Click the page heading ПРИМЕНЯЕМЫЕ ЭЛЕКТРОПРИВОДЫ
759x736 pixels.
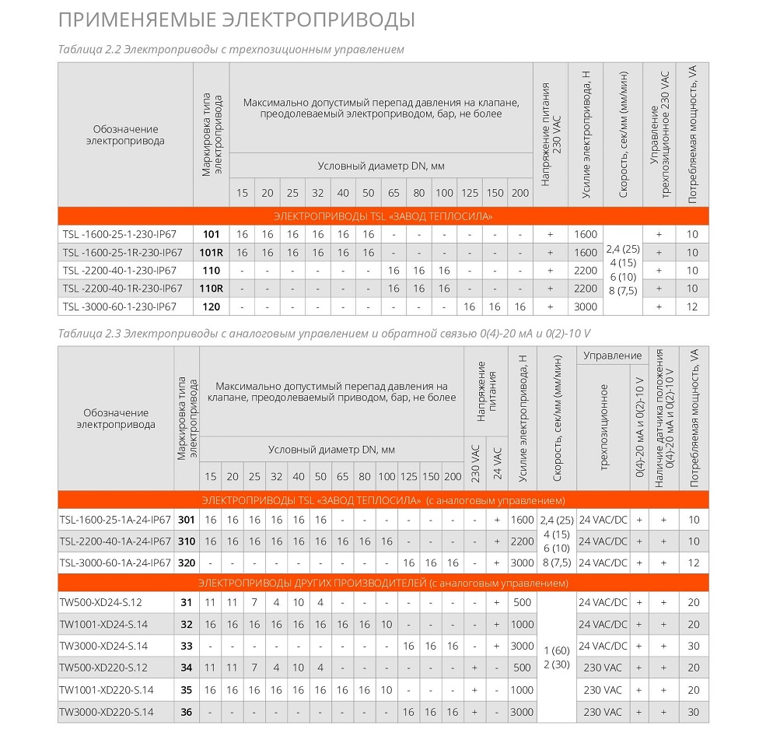(x=236, y=19)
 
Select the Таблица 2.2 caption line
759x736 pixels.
(x=231, y=50)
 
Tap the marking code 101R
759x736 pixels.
(x=211, y=252)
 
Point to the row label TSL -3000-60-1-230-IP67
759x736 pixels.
(x=120, y=307)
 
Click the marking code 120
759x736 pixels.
(x=211, y=307)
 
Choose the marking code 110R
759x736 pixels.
(x=211, y=289)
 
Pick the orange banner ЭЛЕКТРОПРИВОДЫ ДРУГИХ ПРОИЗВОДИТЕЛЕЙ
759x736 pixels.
(x=383, y=583)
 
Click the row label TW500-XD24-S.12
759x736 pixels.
(x=102, y=602)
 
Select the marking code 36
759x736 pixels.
(x=186, y=712)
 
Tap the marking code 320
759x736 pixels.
(x=186, y=563)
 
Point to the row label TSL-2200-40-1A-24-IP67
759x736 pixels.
(x=115, y=541)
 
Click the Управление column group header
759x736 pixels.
(x=613, y=356)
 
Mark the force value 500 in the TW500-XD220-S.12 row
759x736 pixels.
(x=523, y=668)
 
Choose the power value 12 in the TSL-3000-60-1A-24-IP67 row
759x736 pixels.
(x=694, y=563)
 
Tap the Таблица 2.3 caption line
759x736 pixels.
(x=324, y=334)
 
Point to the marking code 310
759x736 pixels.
(x=186, y=541)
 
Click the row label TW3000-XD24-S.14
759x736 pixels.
(x=103, y=646)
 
